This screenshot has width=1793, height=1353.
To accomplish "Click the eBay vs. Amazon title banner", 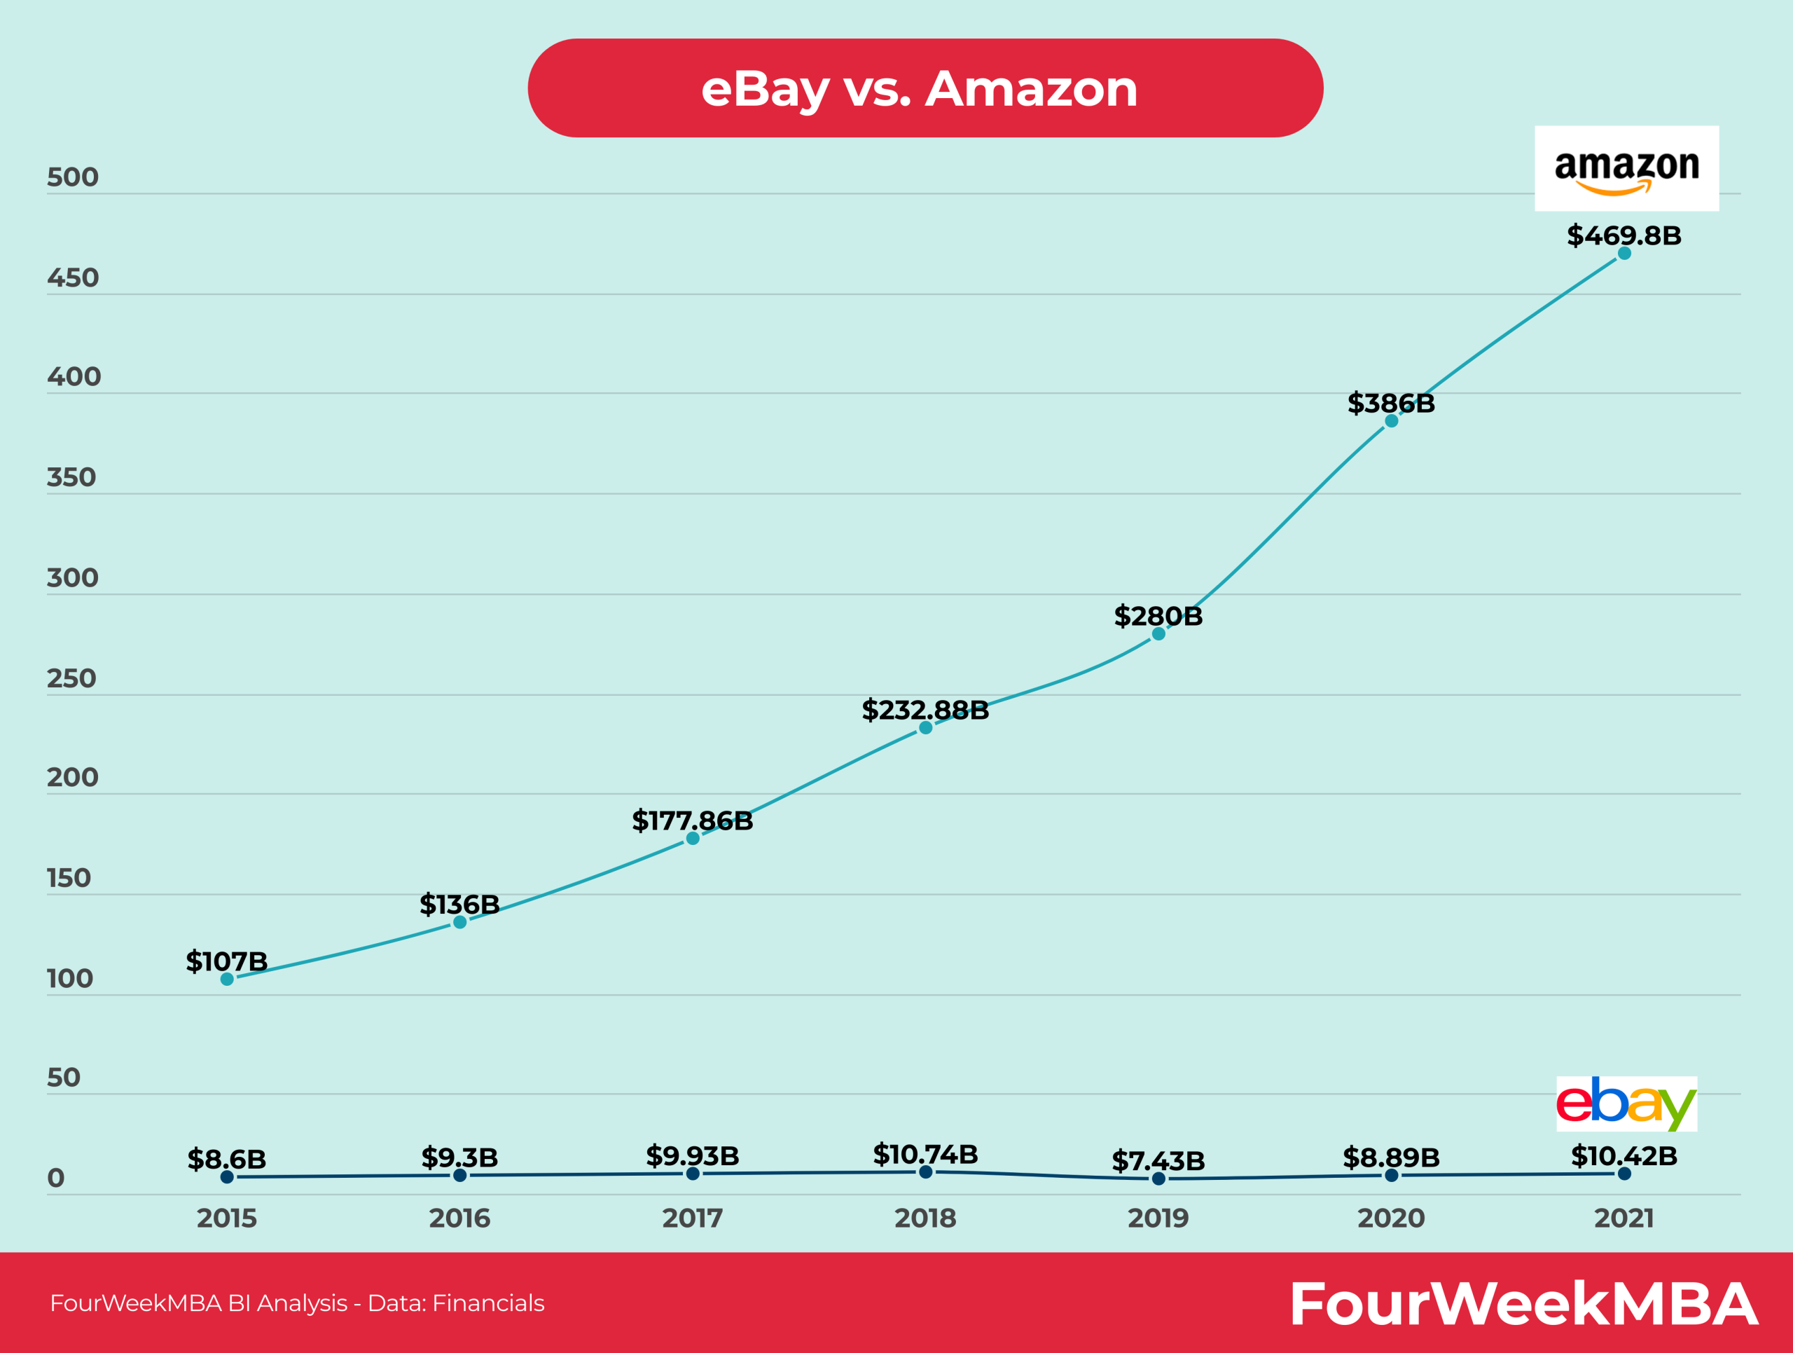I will coord(925,88).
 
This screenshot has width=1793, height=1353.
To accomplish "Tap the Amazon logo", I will coord(1626,169).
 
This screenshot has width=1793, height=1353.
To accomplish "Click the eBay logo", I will coord(1626,1104).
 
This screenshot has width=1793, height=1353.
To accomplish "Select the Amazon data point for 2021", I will coord(1624,254).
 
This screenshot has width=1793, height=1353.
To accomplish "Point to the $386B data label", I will coord(1391,403).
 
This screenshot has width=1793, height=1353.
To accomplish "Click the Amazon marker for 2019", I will coord(1158,634).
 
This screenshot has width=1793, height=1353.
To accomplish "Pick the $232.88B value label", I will coord(925,710).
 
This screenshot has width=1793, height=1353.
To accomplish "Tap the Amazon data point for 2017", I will coord(692,838).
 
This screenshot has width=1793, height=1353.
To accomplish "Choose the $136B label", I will coord(459,904).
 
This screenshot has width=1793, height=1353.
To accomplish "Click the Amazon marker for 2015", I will coord(227,980).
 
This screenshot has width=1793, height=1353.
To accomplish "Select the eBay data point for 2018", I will coord(925,1172).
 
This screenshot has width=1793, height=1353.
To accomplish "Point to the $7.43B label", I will coord(1158,1160).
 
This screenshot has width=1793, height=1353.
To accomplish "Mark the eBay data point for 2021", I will coord(1624,1173).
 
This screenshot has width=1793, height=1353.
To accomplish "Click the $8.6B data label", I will coord(227,1158).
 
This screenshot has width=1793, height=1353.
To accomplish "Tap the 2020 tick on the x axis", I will coord(1391,1218).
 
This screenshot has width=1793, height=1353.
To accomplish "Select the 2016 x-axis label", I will coord(459,1218).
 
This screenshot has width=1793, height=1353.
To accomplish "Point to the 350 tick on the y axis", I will coord(71,477).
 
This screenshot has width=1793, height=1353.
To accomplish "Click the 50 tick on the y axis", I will coord(63,1078).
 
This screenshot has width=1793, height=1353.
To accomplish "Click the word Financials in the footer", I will coord(488,1303).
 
